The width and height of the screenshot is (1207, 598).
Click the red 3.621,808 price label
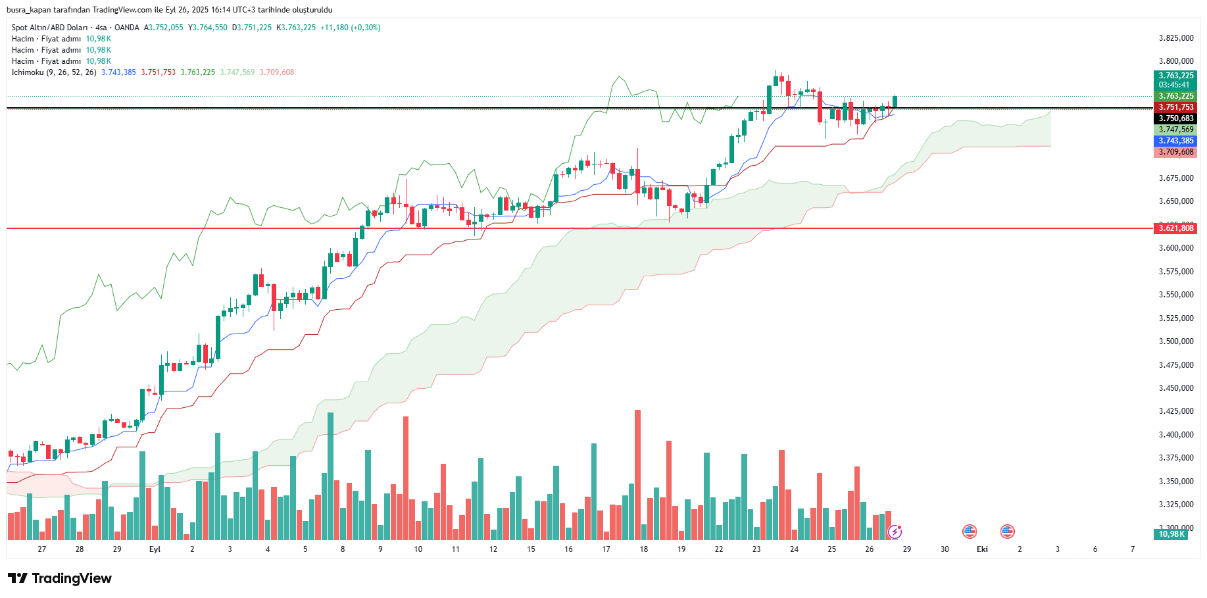pyautogui.click(x=1175, y=228)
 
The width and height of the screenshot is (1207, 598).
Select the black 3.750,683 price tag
pyautogui.click(x=1175, y=118)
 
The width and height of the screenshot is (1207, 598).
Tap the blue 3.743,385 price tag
pyautogui.click(x=1175, y=141)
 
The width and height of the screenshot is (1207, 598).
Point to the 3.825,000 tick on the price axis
pyautogui.click(x=1176, y=38)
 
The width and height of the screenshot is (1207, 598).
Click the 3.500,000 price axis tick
pyautogui.click(x=1176, y=341)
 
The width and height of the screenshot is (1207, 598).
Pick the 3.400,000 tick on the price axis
pyautogui.click(x=1176, y=435)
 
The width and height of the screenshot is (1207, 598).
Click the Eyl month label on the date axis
pyautogui.click(x=155, y=549)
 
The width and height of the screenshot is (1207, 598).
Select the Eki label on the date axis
pyautogui.click(x=982, y=549)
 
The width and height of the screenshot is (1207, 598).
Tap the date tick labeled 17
pyautogui.click(x=606, y=549)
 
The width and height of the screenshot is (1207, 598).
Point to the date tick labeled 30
pyautogui.click(x=945, y=549)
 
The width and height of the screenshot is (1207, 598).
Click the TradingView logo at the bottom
pyautogui.click(x=60, y=578)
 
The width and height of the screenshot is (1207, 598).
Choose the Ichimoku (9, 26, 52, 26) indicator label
pyautogui.click(x=54, y=72)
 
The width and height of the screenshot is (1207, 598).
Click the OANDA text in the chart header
pyautogui.click(x=127, y=28)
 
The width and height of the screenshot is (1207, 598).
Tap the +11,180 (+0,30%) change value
pyautogui.click(x=350, y=28)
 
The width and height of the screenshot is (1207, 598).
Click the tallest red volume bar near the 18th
pyautogui.click(x=637, y=474)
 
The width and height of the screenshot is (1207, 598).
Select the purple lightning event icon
pyautogui.click(x=895, y=532)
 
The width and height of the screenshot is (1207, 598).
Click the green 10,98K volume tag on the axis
pyautogui.click(x=1171, y=534)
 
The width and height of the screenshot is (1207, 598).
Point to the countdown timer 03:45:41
pyautogui.click(x=1174, y=85)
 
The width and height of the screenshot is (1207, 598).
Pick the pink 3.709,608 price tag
pyautogui.click(x=1175, y=152)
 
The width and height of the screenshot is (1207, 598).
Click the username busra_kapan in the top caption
pyautogui.click(x=29, y=10)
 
